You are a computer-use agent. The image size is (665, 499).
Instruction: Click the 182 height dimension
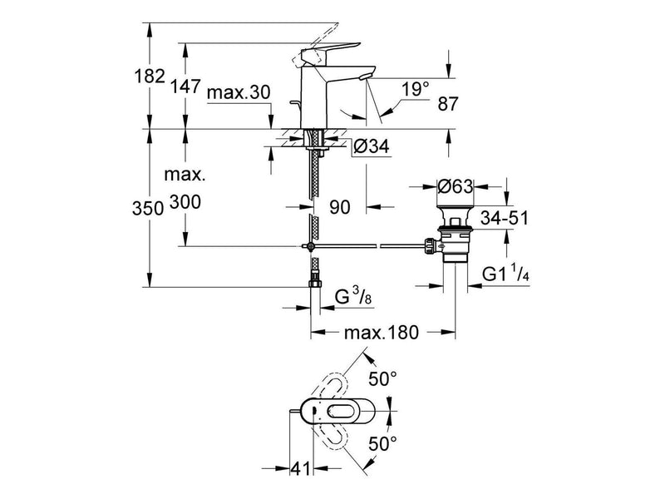pyautogui.click(x=150, y=77)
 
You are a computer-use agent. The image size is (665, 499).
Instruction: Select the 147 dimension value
pyautogui.click(x=185, y=86)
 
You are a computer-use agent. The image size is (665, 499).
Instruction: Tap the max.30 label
pyautogui.click(x=239, y=92)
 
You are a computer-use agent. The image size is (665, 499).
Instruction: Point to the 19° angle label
pyautogui.click(x=416, y=90)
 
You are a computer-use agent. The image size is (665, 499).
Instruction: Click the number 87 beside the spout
pyautogui.click(x=448, y=104)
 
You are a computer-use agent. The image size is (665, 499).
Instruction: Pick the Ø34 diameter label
pyautogui.click(x=371, y=147)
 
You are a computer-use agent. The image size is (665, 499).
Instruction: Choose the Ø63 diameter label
pyautogui.click(x=455, y=186)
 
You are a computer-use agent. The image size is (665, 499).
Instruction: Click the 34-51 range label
pyautogui.click(x=505, y=218)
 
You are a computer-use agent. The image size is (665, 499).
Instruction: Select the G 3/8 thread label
pyautogui.click(x=353, y=296)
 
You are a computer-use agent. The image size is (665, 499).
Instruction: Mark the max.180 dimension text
pyautogui.click(x=382, y=332)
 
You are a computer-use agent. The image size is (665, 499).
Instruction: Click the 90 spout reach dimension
pyautogui.click(x=340, y=207)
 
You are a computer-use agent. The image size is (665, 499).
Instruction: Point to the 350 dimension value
pyautogui.click(x=148, y=209)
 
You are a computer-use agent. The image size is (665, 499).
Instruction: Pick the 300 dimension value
pyautogui.click(x=185, y=202)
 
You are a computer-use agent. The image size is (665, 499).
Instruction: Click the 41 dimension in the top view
pyautogui.click(x=300, y=469)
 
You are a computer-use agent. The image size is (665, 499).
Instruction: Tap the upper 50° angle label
pyautogui.click(x=382, y=378)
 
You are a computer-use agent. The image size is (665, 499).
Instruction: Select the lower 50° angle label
pyautogui.click(x=382, y=444)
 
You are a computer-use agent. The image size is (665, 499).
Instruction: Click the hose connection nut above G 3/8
pyautogui.click(x=316, y=283)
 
